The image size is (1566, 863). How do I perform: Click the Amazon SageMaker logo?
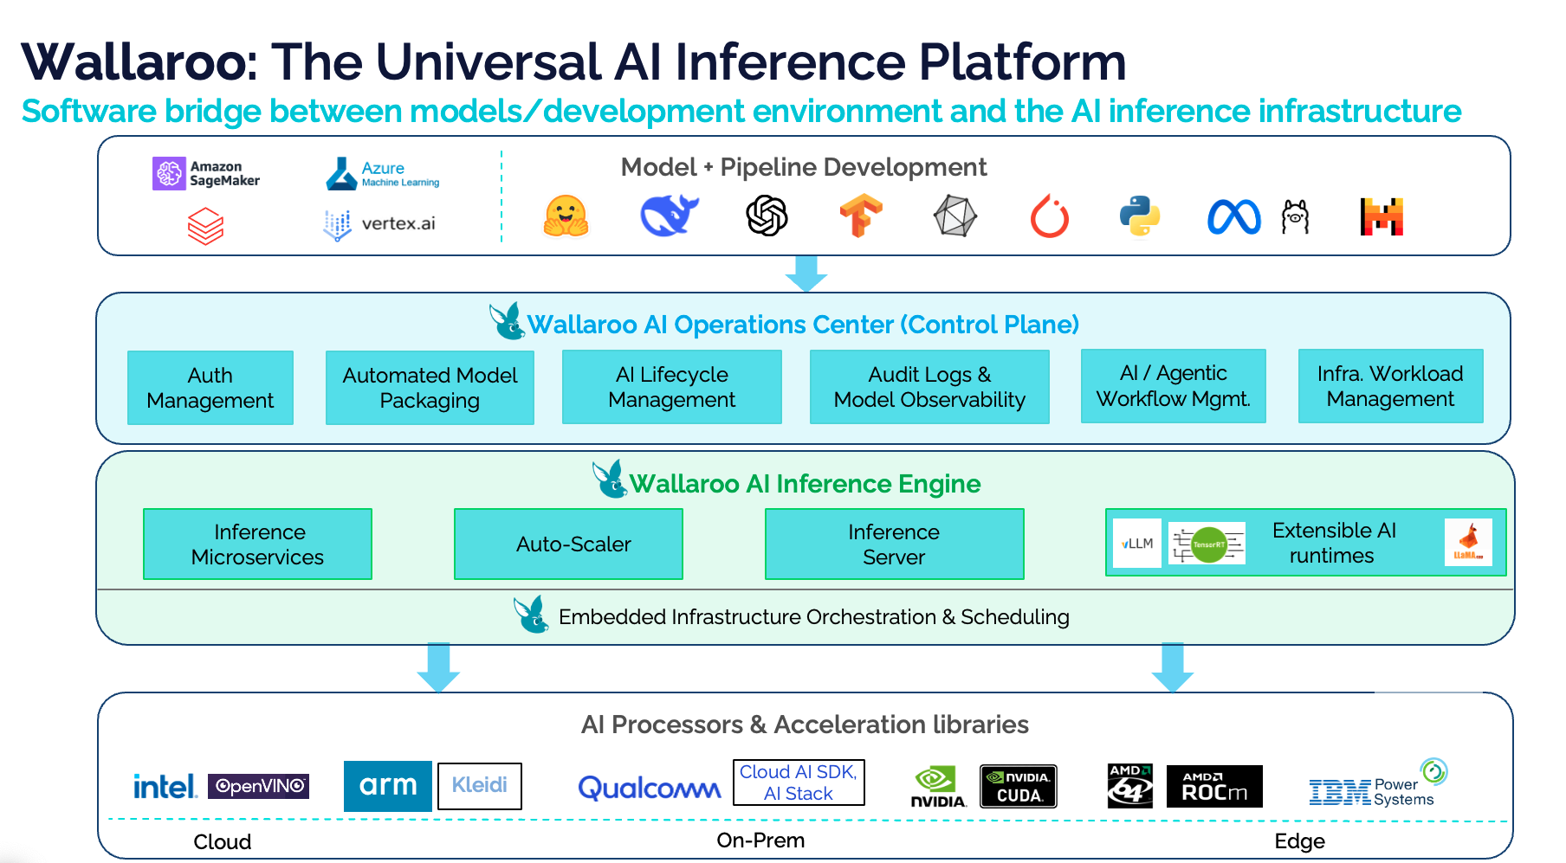click(x=206, y=173)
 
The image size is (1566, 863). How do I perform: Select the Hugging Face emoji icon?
click(x=566, y=216)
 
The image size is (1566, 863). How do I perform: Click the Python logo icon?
click(x=1139, y=216)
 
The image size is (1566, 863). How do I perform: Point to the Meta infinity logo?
click(x=1233, y=217)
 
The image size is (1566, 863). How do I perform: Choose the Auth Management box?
click(x=210, y=388)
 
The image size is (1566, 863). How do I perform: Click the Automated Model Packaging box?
click(x=430, y=388)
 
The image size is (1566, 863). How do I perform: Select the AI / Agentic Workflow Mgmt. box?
click(x=1173, y=386)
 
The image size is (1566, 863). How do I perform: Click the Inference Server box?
click(x=894, y=544)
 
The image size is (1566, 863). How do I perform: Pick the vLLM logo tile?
click(x=1136, y=544)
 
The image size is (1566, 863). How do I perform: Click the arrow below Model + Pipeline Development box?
click(x=806, y=274)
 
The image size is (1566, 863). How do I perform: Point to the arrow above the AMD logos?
click(x=1173, y=667)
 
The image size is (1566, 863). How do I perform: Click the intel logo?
click(x=165, y=786)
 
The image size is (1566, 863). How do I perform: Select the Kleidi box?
click(x=479, y=785)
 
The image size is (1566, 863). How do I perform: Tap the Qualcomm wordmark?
click(x=649, y=788)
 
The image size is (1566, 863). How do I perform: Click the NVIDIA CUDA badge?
click(x=1018, y=786)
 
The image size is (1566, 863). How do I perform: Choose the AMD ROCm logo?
click(x=1213, y=786)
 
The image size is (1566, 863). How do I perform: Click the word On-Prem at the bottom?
click(x=760, y=840)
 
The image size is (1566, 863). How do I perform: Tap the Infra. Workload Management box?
click(x=1390, y=386)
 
